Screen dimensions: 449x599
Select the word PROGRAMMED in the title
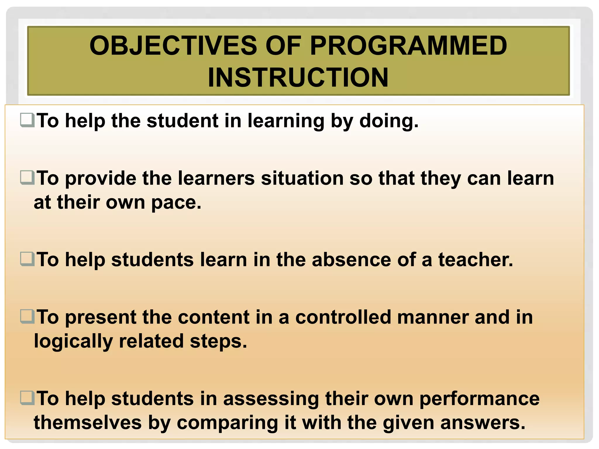[x=408, y=46]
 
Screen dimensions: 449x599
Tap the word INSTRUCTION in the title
[x=298, y=77]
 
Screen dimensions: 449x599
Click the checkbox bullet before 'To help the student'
[x=27, y=120]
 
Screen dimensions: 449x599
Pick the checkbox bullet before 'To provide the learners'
[x=27, y=178]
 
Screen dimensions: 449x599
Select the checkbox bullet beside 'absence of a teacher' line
[x=27, y=259]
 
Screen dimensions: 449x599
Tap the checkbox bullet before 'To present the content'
[x=27, y=317]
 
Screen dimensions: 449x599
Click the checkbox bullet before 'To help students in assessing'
[x=27, y=398]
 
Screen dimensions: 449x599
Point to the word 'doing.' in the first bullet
[x=389, y=121]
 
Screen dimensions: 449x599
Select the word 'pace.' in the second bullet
[x=176, y=203]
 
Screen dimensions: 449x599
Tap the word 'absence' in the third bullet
[x=351, y=260]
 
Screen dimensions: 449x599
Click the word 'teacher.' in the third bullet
[x=476, y=260]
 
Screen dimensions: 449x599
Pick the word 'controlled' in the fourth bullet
[x=343, y=317]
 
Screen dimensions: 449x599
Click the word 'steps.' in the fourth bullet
[x=218, y=341]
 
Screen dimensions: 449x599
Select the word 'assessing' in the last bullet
[x=271, y=399]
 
